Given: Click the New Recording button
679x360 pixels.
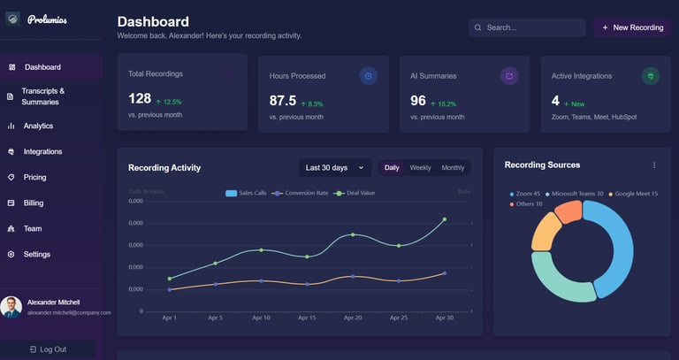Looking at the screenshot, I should point(632,27).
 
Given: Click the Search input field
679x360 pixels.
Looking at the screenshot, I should point(528,27).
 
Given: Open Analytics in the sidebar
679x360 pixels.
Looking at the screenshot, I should point(38,126).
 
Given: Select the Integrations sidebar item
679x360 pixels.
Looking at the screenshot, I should point(42,151).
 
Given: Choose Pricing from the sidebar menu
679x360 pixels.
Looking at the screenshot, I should point(35,177).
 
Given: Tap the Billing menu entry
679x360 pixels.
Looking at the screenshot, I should point(34,203).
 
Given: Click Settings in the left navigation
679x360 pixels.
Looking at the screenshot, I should point(37,254).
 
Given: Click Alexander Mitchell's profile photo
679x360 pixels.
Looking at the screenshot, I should point(11,306).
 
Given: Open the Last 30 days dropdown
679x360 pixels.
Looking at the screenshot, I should point(334,167).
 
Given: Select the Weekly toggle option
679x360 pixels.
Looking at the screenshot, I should point(421,167).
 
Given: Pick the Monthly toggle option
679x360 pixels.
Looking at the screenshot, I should point(453,167).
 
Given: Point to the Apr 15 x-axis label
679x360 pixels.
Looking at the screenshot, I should point(307,318).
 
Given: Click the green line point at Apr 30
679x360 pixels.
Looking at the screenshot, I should point(444,219).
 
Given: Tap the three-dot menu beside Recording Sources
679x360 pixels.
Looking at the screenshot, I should point(654,165).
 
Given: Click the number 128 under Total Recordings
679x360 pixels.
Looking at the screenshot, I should point(140,99).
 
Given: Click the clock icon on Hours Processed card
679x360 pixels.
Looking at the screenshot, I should point(368,76).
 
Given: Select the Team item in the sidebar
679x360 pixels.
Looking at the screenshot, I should point(33,228).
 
